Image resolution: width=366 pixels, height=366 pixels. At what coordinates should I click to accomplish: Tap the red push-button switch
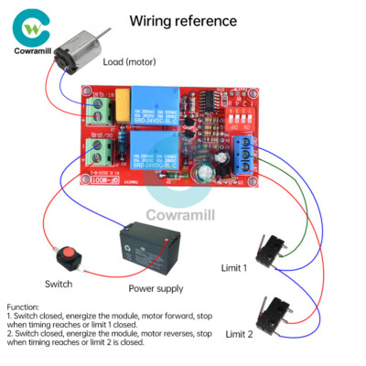pos(66,251)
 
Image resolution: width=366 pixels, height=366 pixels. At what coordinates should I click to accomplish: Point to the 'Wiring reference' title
pos(182,20)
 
